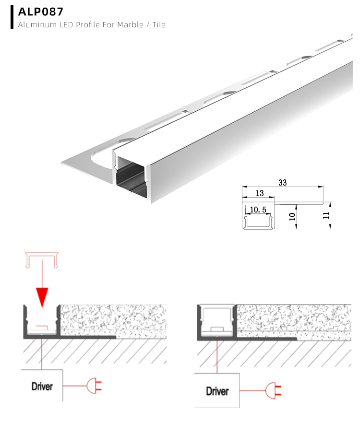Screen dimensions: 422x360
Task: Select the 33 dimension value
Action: tap(282, 183)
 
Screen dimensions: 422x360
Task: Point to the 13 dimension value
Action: tap(260, 193)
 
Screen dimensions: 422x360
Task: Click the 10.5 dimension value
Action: tap(258, 210)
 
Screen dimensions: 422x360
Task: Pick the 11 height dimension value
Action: tap(326, 215)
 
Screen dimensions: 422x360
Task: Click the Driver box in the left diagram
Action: tap(42, 386)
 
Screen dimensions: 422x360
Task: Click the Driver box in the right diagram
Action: tap(217, 391)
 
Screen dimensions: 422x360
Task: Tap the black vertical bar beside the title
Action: tap(12, 17)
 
